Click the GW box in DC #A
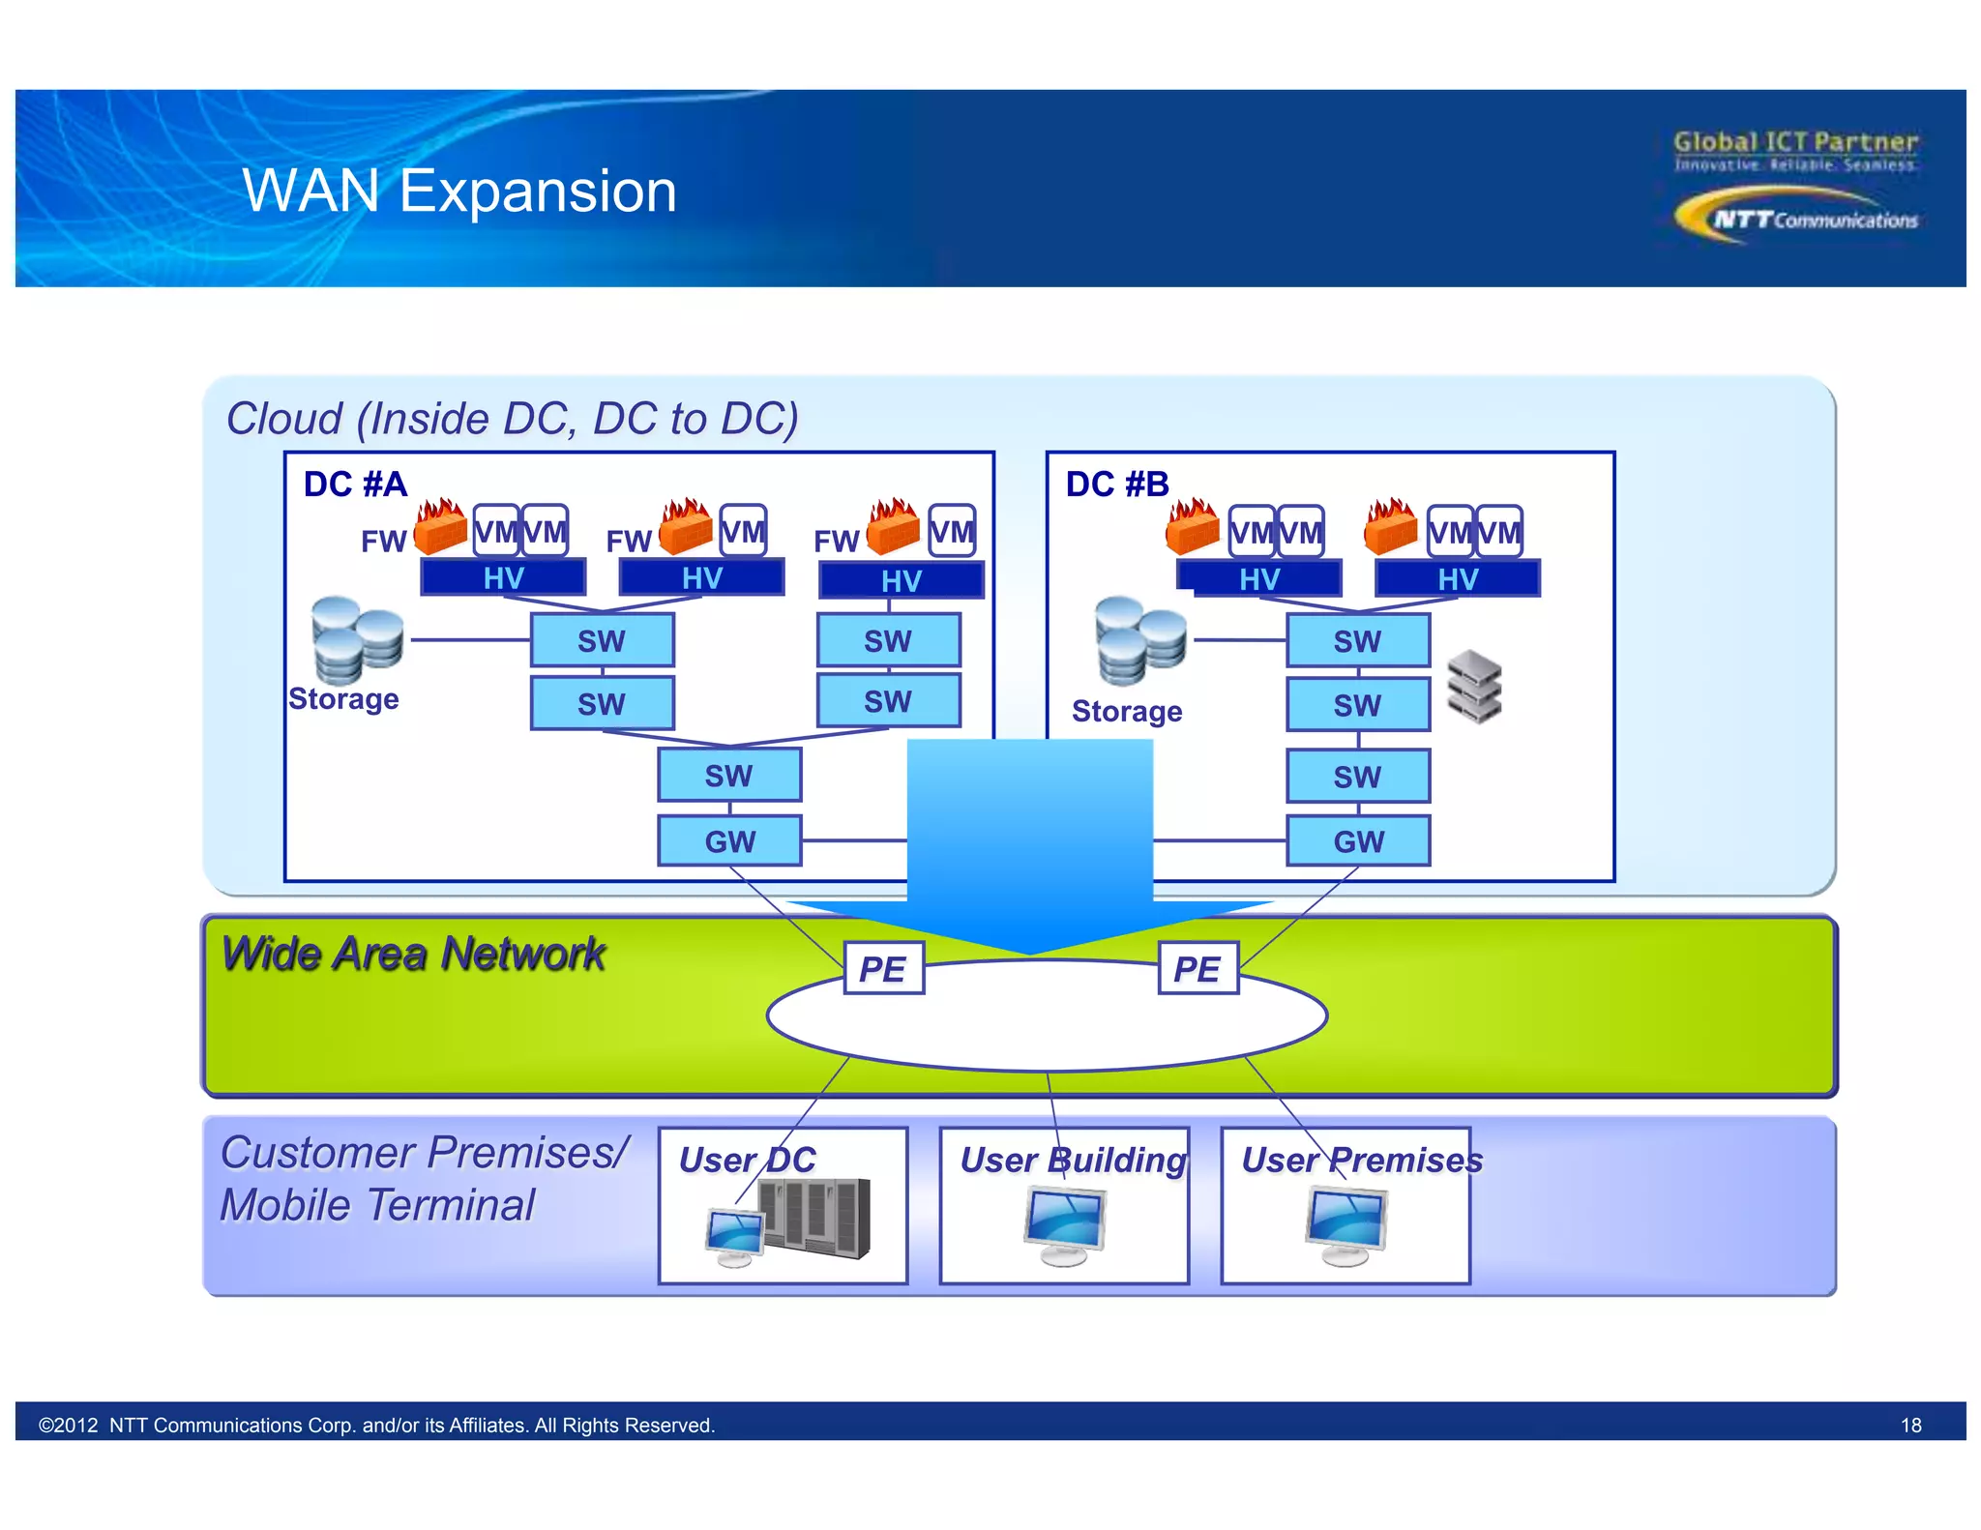click(x=729, y=840)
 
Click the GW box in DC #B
click(x=1357, y=840)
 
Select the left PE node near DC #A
click(x=883, y=968)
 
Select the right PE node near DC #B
click(x=1197, y=968)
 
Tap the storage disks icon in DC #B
click(x=1139, y=640)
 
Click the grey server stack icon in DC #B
click(x=1474, y=688)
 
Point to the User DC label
click(x=747, y=1160)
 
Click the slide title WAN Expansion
click(x=459, y=191)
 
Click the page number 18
click(x=1910, y=1425)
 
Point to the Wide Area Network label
click(x=413, y=954)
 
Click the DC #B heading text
click(x=1117, y=484)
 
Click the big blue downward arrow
click(x=1029, y=841)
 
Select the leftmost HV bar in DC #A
click(x=503, y=577)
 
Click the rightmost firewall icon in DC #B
click(x=1391, y=527)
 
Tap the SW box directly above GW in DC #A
click(x=729, y=775)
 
